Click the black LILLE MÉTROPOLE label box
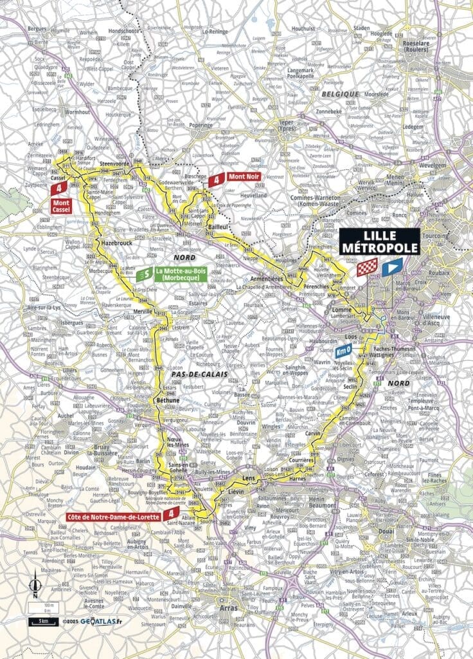379,241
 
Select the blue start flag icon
391,267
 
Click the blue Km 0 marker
344,352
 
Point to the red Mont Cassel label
62,205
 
